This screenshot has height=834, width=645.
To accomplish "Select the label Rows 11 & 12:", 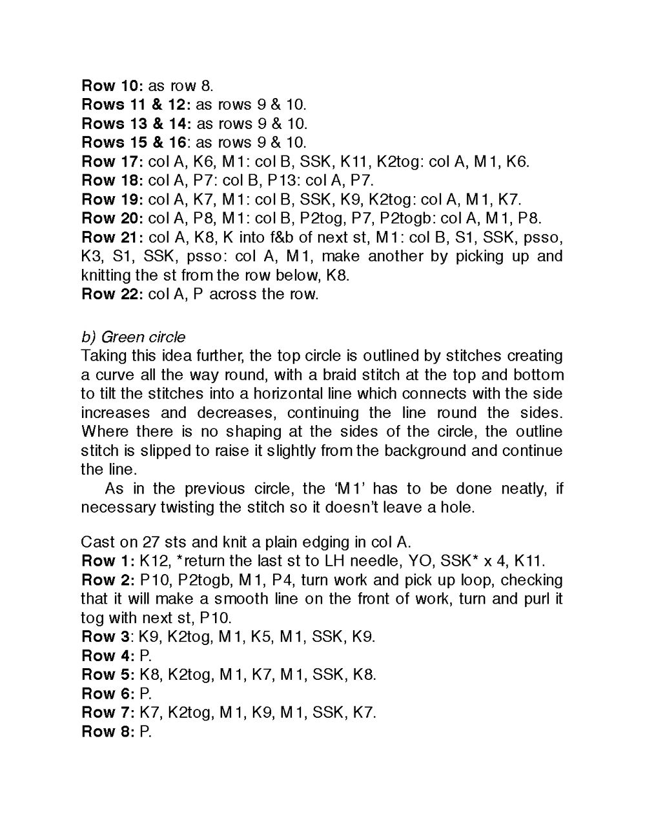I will click(136, 104).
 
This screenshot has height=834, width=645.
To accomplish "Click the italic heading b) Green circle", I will click(133, 337).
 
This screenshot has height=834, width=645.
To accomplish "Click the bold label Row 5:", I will click(108, 675).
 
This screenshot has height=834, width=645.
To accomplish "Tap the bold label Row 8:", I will click(108, 731).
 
